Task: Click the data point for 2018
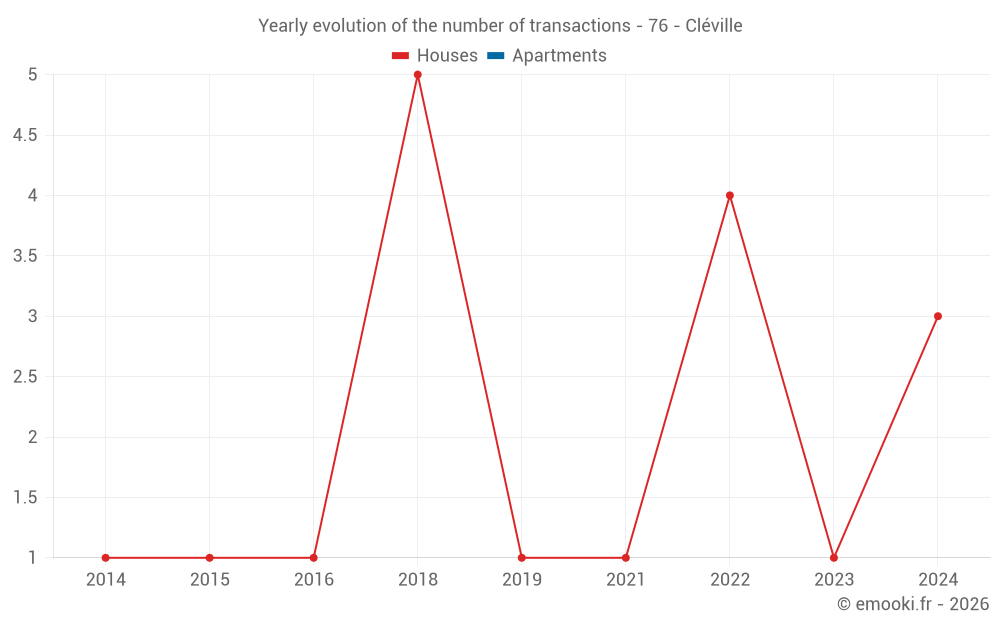coord(418,75)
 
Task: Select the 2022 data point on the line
coord(730,196)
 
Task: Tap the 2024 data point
coord(938,316)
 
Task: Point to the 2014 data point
coord(106,558)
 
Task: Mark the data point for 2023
coord(834,558)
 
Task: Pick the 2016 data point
coord(314,558)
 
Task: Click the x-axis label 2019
coord(522,580)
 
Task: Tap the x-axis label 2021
coord(626,580)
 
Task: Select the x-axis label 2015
coord(210,580)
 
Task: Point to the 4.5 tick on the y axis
coord(25,135)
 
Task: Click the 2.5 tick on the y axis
coord(25,377)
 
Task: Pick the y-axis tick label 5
coord(32,75)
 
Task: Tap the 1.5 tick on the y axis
coord(25,498)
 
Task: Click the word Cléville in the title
coord(714,26)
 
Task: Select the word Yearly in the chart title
coord(283,26)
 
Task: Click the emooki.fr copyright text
coord(913,604)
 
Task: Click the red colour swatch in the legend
coord(401,56)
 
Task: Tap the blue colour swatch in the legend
coord(495,56)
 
